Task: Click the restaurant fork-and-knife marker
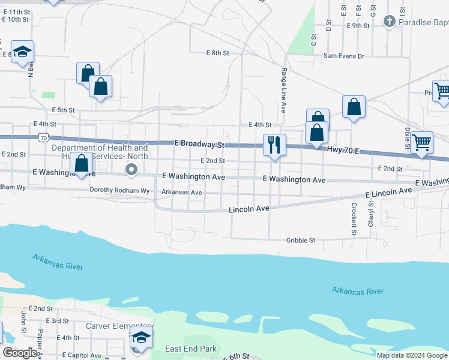pyautogui.click(x=274, y=145)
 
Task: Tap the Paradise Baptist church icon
pyautogui.click(x=390, y=22)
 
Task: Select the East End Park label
pyautogui.click(x=190, y=349)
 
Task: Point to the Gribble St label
pyautogui.click(x=300, y=240)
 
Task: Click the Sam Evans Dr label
pyautogui.click(x=344, y=56)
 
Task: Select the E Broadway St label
pyautogui.click(x=199, y=145)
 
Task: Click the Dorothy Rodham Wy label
pyautogui.click(x=119, y=191)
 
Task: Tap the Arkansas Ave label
pyautogui.click(x=182, y=192)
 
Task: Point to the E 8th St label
pyautogui.click(x=217, y=53)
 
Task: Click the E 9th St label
pyautogui.click(x=358, y=25)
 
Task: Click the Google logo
pyautogui.click(x=20, y=353)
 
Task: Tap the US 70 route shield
pyautogui.click(x=43, y=137)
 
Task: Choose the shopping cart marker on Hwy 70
pyautogui.click(x=422, y=143)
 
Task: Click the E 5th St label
pyautogui.click(x=63, y=110)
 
